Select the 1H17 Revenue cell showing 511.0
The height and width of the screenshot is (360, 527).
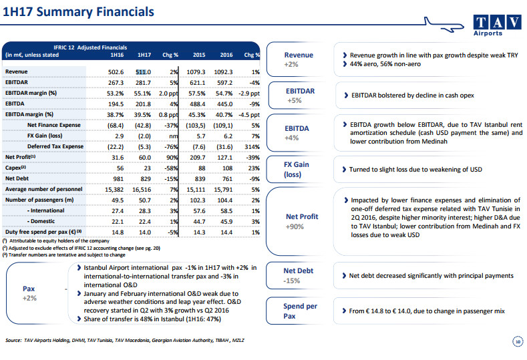click(x=144, y=71)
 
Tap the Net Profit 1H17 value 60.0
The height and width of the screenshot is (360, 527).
click(x=145, y=157)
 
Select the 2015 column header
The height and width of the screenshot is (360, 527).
click(x=198, y=54)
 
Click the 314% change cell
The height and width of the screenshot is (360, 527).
click(x=251, y=146)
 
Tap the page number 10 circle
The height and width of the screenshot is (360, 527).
click(x=516, y=341)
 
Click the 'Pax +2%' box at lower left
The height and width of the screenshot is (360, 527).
click(x=29, y=293)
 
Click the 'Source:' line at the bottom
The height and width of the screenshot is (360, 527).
click(x=125, y=341)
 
